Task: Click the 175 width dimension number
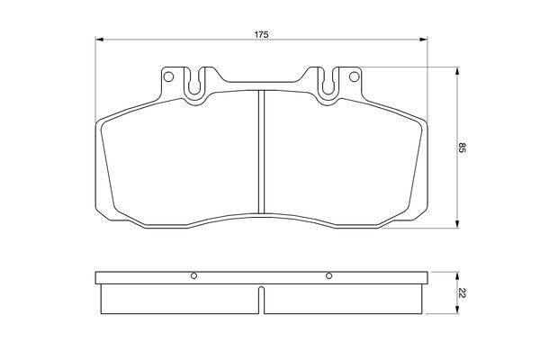[x=261, y=34]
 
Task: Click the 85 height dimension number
[x=462, y=148]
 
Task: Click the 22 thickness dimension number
[x=462, y=294]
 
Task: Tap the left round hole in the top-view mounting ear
[x=168, y=76]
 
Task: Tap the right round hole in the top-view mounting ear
[x=354, y=76]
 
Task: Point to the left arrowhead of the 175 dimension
[x=99, y=40]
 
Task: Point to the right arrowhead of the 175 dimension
[x=423, y=40]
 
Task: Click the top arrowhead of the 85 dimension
[x=457, y=71]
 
